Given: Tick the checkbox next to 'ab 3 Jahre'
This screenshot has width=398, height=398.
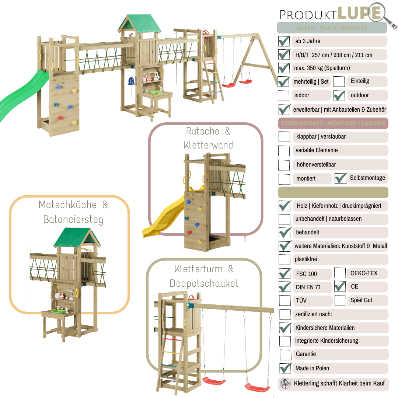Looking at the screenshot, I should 284,41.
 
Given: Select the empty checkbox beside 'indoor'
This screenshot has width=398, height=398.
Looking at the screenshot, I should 283,95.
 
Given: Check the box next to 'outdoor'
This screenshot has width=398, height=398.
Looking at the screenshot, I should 339,95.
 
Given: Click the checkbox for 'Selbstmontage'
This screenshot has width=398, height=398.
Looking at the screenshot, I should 341,178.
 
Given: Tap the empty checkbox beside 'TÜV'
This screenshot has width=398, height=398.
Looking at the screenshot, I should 285,300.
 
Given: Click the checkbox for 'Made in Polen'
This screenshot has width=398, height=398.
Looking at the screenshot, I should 285,368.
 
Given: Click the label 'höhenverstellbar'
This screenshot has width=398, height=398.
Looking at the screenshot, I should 316,164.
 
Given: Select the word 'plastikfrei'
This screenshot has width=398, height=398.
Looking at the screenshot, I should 306,259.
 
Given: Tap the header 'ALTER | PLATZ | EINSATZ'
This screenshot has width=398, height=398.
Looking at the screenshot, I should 332,28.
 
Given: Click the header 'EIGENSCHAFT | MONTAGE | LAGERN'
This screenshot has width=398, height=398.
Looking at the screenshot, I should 333,123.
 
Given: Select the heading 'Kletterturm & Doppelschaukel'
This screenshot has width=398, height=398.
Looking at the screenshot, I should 204,276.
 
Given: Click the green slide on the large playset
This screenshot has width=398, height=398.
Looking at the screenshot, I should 22,94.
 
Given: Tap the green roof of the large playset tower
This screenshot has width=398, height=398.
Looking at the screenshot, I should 140,23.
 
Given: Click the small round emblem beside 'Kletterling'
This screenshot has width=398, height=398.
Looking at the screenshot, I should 286,383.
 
